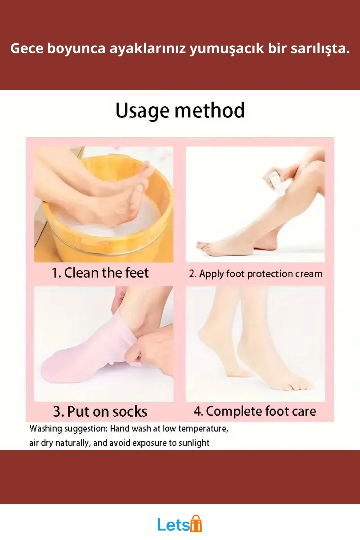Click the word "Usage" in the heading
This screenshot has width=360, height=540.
pyautogui.click(x=142, y=111)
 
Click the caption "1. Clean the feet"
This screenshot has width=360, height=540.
pyautogui.click(x=100, y=273)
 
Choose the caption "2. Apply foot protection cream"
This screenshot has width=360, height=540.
pyautogui.click(x=256, y=274)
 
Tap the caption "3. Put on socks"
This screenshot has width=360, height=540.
pyautogui.click(x=100, y=412)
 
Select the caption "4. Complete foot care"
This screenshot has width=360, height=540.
pyautogui.click(x=255, y=411)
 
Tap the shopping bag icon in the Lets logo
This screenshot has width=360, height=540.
pyautogui.click(x=196, y=524)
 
